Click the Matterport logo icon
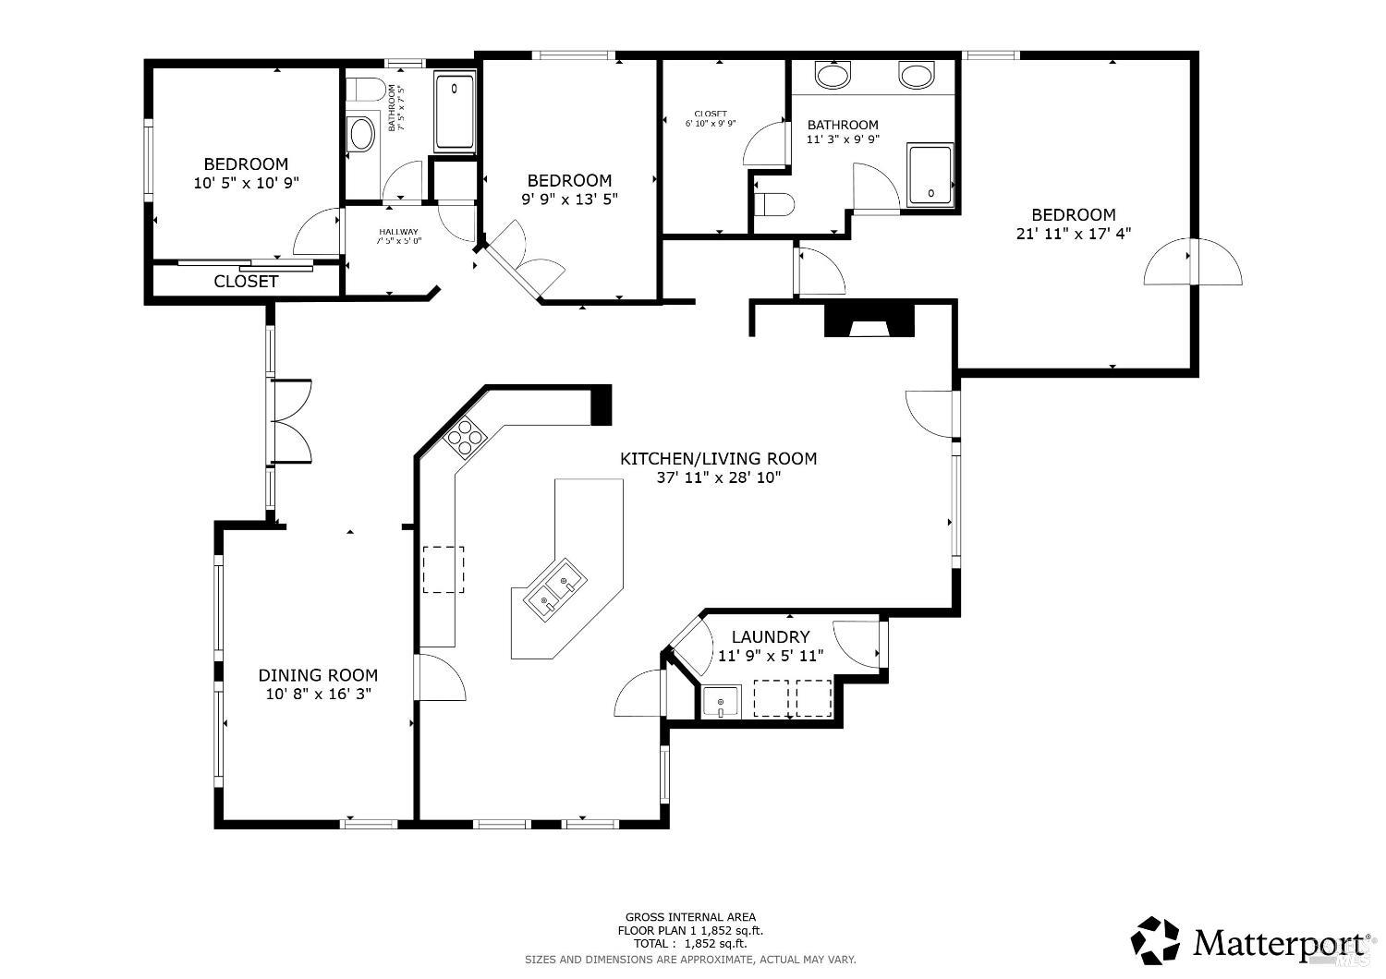(x=1156, y=940)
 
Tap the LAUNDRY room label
(x=771, y=636)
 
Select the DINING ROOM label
(x=318, y=675)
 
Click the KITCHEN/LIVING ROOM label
(x=718, y=458)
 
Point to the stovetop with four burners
(x=465, y=436)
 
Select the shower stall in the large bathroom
(x=930, y=175)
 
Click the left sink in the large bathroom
(x=833, y=75)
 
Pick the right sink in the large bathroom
(x=917, y=75)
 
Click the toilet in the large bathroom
(x=774, y=204)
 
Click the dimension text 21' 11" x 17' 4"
(x=1073, y=235)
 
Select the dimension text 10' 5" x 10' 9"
(x=246, y=183)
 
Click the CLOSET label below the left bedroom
(x=246, y=282)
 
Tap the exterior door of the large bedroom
(x=1192, y=262)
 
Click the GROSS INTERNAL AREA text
(x=690, y=917)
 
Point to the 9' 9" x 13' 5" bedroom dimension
(x=569, y=199)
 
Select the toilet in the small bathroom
(x=367, y=90)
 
